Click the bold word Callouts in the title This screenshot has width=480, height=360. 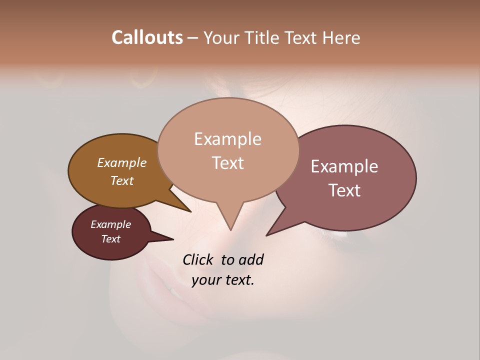coord(147,37)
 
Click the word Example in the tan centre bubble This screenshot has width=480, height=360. coord(227,139)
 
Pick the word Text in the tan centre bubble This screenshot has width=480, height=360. coord(227,163)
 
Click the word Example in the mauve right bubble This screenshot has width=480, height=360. coord(344,166)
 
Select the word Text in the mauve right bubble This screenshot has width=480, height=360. coord(344,190)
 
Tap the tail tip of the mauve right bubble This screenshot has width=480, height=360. coord(267,235)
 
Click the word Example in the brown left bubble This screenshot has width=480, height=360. coord(121,162)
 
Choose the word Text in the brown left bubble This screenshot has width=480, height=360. coord(121,180)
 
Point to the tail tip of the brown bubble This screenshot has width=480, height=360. coord(190,211)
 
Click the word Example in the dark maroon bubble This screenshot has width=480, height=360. coord(110,224)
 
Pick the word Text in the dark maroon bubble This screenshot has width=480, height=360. coord(110,239)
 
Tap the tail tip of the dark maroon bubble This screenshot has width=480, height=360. coord(173,239)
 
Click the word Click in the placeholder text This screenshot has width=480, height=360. coord(198,259)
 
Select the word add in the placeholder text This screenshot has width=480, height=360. coord(251,259)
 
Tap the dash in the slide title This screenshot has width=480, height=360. coord(193,38)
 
